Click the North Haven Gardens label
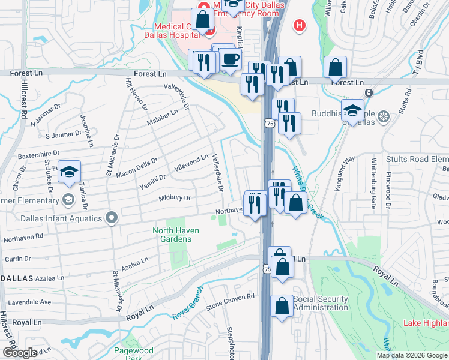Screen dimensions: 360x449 tap(172, 235)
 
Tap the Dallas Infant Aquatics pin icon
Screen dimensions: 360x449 tap(111, 218)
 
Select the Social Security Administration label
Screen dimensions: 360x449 tap(321, 303)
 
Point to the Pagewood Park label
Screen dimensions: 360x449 tap(134, 354)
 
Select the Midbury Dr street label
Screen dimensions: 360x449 tap(175, 198)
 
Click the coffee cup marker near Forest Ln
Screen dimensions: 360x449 tap(230, 59)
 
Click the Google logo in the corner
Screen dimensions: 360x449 tap(19, 353)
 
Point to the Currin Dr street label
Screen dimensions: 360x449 tap(17, 259)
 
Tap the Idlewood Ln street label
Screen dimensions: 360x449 tap(191, 163)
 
